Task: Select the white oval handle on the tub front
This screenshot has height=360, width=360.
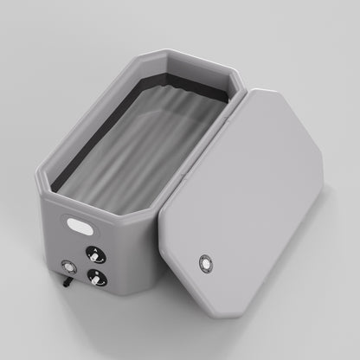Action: click(82, 224)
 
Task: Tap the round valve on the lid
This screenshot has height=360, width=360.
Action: click(205, 263)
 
